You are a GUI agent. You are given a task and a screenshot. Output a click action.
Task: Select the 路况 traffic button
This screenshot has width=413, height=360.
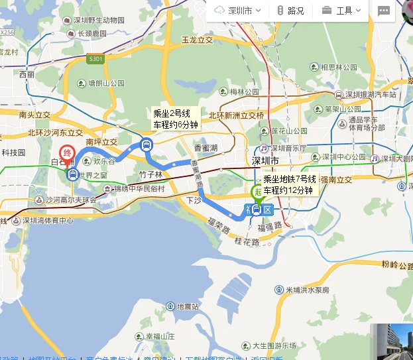(x=290, y=11)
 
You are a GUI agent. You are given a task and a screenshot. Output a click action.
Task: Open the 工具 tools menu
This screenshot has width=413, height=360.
(x=342, y=11)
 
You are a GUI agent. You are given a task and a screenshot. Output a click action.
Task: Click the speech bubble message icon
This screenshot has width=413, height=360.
(x=384, y=11)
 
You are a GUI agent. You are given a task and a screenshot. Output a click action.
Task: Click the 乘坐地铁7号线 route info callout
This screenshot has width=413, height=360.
(x=289, y=184)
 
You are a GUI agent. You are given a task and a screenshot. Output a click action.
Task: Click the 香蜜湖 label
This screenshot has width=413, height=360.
(x=206, y=148)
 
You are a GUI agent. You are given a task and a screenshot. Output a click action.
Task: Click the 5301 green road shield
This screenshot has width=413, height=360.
(x=95, y=60)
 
